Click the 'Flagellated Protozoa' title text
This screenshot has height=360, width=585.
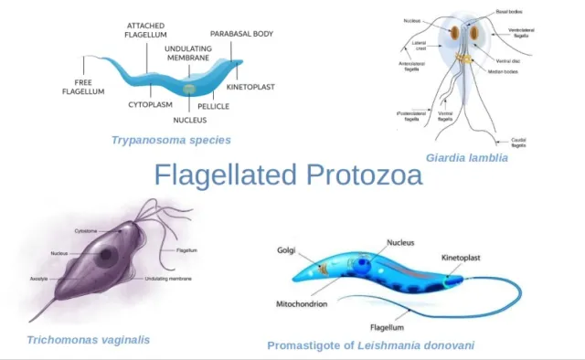point(287,175)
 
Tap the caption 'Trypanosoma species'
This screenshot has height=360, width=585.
point(170,140)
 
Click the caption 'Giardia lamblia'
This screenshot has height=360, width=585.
point(466,157)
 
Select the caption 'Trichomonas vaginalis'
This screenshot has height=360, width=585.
point(88,339)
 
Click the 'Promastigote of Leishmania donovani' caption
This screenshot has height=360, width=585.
point(370,345)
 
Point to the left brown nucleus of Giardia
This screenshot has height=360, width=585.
point(452,33)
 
